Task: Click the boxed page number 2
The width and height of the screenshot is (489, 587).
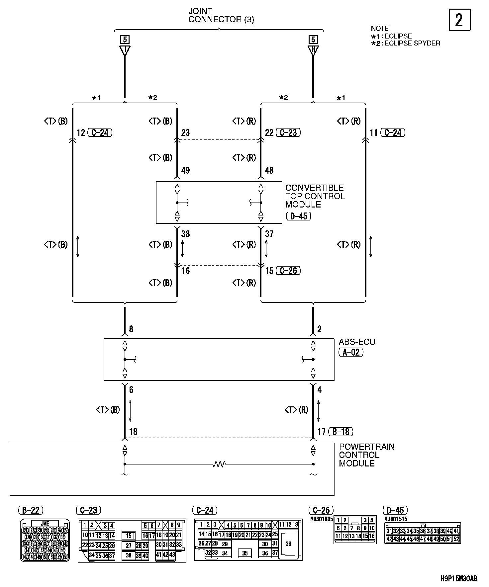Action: (459, 20)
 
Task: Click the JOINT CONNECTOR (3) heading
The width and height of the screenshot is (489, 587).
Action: (221, 16)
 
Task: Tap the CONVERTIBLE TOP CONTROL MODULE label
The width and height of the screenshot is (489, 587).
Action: (315, 196)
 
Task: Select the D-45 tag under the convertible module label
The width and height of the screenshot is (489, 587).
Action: (299, 216)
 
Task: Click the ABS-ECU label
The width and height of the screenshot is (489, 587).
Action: (357, 342)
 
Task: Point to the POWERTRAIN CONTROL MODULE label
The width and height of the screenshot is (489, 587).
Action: (366, 455)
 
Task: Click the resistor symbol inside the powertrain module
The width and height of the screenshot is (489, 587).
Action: (219, 464)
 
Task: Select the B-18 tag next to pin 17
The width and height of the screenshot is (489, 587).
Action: (341, 432)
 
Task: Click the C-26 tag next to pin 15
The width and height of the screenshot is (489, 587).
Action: (288, 271)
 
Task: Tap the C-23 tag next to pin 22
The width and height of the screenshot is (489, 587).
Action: (288, 132)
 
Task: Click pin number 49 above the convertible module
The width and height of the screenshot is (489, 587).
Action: (185, 170)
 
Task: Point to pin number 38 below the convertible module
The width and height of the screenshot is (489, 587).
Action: (185, 234)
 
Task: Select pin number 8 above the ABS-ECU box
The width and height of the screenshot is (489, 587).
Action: (131, 329)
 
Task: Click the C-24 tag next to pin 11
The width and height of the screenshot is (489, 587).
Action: (393, 132)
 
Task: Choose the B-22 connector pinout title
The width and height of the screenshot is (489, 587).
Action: (31, 510)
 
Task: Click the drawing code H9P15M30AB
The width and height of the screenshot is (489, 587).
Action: (459, 579)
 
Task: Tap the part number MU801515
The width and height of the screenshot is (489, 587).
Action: (395, 519)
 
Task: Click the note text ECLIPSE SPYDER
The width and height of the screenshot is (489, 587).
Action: (412, 43)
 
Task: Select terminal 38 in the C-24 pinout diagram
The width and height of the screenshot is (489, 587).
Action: (288, 544)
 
